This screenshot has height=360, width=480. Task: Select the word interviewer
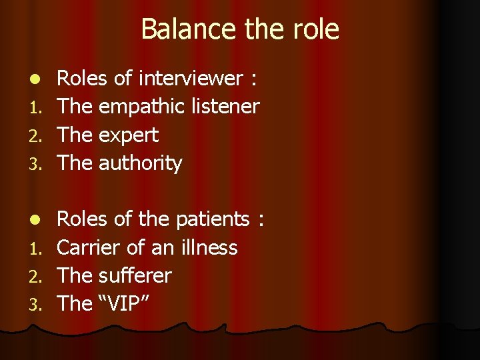pyautogui.click(x=191, y=79)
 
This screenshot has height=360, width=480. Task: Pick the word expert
pyautogui.click(x=128, y=135)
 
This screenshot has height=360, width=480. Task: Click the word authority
pyautogui.click(x=140, y=163)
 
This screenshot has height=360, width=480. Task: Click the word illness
pyautogui.click(x=208, y=247)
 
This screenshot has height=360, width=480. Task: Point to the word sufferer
pyautogui.click(x=135, y=275)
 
